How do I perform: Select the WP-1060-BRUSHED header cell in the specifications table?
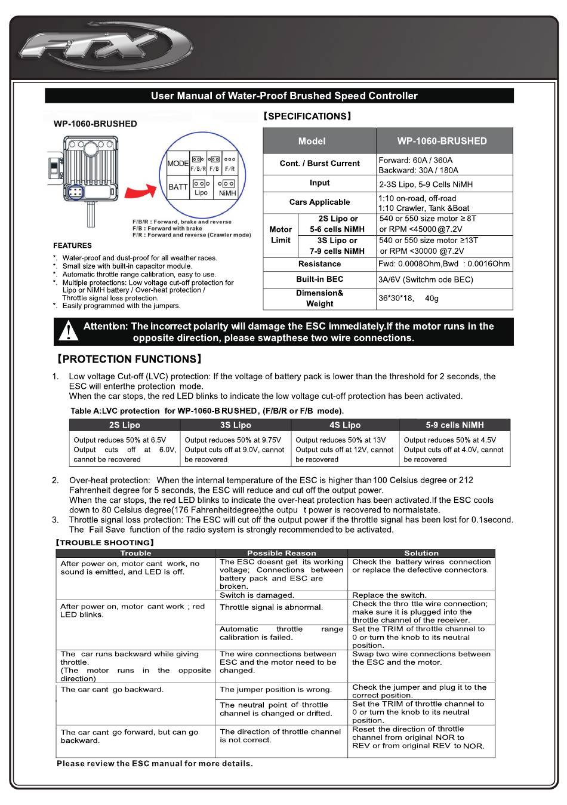442,141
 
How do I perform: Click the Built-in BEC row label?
319,279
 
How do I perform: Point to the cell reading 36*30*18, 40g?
408,298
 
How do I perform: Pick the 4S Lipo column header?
344,425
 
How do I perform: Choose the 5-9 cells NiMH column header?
455,425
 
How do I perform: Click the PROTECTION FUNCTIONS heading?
129,359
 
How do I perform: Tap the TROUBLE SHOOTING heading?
105,543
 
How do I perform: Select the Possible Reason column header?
281,553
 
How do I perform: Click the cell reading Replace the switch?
389,595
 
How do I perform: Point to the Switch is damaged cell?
257,595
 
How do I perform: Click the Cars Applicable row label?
319,202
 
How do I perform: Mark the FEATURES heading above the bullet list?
72,245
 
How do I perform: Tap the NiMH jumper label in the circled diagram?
227,193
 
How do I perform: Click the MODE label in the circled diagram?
178,164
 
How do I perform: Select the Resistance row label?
319,264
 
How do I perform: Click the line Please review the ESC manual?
155,763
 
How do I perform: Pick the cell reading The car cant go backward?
112,690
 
